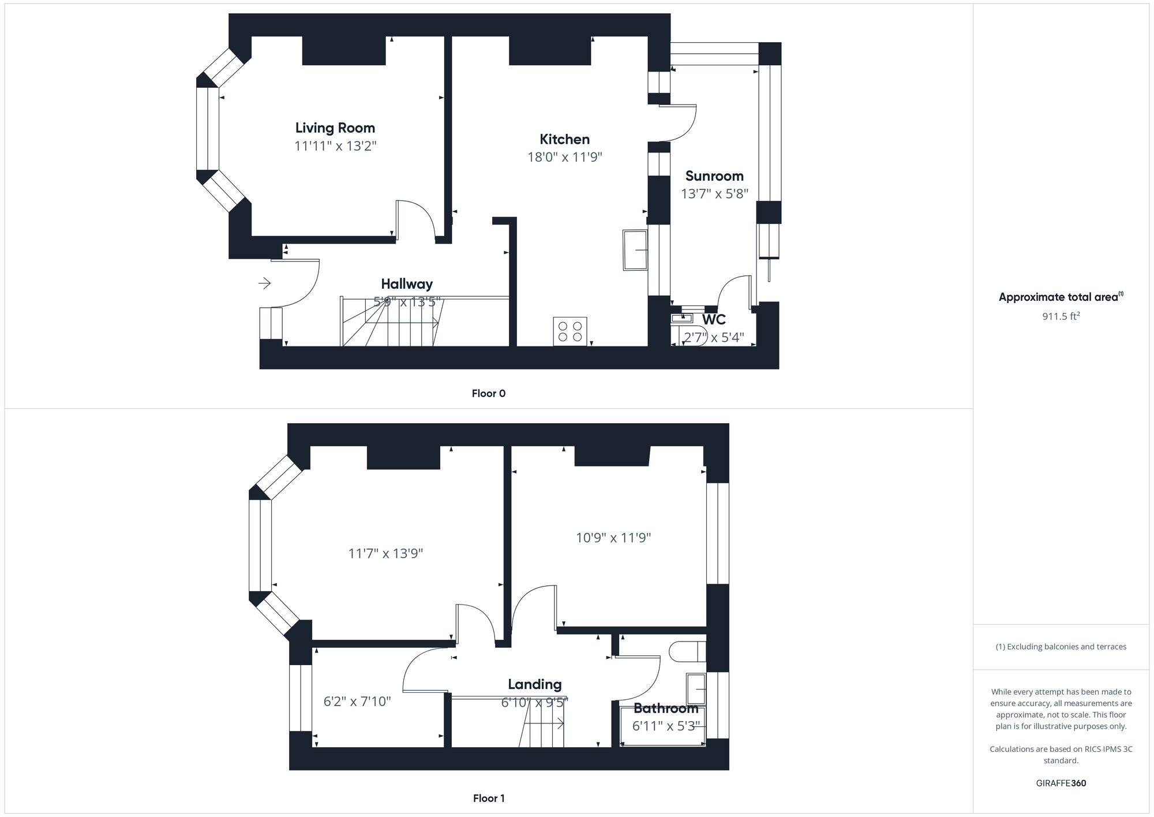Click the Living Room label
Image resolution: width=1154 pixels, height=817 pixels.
(335, 128)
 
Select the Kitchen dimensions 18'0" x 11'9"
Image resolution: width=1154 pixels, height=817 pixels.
(564, 157)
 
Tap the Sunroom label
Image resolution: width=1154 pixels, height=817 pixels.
(714, 176)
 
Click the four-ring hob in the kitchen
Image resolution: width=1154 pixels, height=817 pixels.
(570, 331)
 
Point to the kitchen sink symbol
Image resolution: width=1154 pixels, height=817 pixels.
(635, 250)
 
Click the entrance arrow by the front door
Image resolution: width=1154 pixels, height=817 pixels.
(264, 283)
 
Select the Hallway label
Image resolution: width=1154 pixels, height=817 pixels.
(406, 283)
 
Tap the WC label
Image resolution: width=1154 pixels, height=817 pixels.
(713, 319)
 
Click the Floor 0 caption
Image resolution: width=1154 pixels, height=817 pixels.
(488, 393)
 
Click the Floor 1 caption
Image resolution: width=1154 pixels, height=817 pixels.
(488, 798)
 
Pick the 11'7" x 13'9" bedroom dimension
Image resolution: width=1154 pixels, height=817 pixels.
(385, 553)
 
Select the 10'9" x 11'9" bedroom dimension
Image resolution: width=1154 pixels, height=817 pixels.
(613, 538)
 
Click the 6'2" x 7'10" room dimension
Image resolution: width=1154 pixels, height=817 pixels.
(357, 702)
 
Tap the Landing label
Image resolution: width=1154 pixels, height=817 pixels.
(534, 684)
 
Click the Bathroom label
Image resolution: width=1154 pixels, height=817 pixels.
(665, 708)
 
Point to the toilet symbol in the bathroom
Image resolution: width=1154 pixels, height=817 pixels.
(687, 652)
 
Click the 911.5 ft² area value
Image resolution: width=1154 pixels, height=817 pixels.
(1061, 316)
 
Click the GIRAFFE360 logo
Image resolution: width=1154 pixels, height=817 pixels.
(1061, 783)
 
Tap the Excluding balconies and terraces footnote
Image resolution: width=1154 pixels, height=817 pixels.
(1061, 647)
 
